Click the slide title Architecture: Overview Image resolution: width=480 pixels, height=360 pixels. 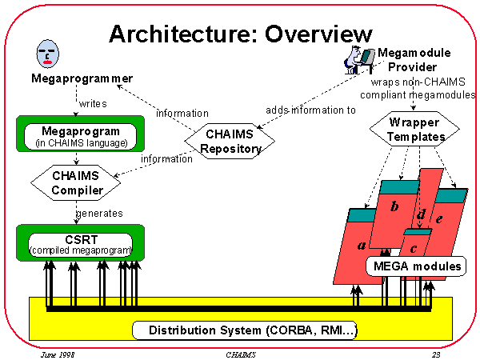pyautogui.click(x=240, y=34)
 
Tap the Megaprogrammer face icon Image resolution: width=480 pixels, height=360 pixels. pyautogui.click(x=47, y=54)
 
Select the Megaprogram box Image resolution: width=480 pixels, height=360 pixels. pyautogui.click(x=79, y=136)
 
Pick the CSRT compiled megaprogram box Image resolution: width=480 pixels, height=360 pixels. pyautogui.click(x=79, y=242)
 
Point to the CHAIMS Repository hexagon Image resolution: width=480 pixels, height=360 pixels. pyautogui.click(x=230, y=141)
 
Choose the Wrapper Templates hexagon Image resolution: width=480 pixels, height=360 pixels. pyautogui.click(x=417, y=130)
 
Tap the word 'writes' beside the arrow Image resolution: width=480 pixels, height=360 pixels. pyautogui.click(x=94, y=103)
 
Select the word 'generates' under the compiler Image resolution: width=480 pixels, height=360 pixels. pyautogui.click(x=98, y=213)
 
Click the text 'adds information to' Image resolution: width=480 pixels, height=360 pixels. pyautogui.click(x=311, y=110)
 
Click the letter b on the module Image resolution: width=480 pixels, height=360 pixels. pyautogui.click(x=394, y=207)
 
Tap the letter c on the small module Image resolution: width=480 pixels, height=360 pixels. pyautogui.click(x=414, y=242)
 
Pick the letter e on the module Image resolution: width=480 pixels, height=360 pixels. pyautogui.click(x=438, y=217)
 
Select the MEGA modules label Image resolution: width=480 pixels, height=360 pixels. pyautogui.click(x=417, y=265)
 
